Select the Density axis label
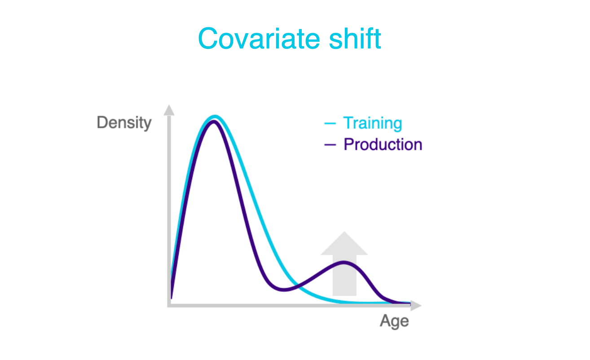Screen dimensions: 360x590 click(124, 123)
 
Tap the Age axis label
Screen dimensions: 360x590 click(394, 321)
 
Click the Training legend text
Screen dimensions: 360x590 click(372, 123)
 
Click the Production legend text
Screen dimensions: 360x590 click(383, 145)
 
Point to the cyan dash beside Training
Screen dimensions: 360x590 click(330, 123)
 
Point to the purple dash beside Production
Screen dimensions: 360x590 click(330, 145)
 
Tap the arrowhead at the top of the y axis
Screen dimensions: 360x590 click(169, 110)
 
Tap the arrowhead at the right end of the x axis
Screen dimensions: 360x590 click(417, 305)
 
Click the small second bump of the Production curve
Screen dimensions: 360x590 click(344, 262)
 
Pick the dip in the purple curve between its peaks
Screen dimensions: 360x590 click(284, 290)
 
